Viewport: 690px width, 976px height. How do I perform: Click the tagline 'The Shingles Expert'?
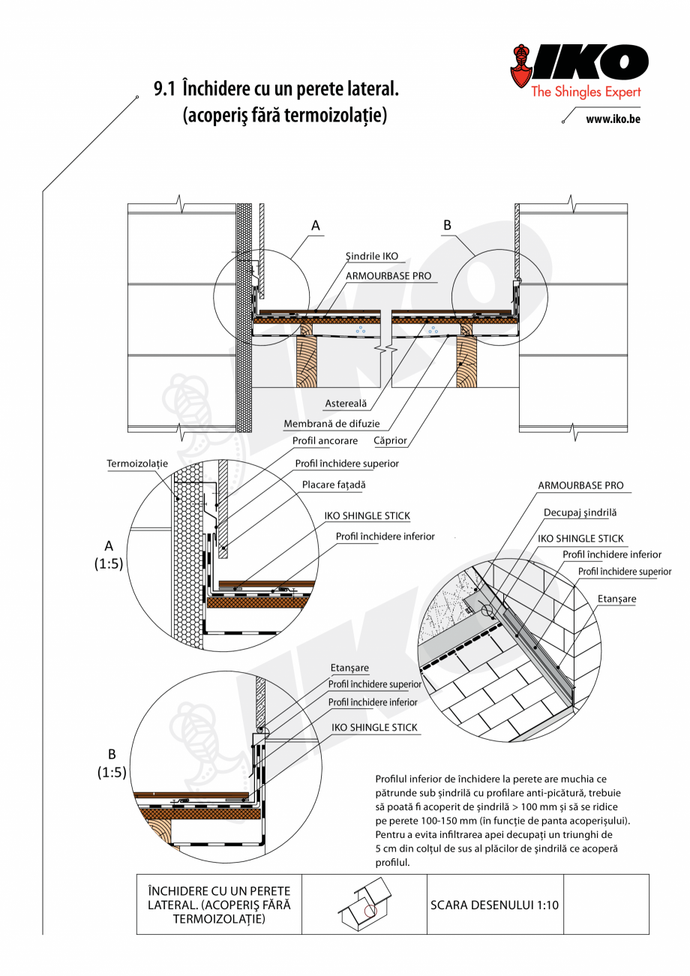point(586,92)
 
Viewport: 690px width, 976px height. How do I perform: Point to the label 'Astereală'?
point(346,404)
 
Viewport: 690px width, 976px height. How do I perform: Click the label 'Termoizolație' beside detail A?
point(136,464)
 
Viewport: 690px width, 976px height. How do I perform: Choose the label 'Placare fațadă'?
point(334,485)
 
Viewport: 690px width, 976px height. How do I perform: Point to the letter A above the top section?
point(316,224)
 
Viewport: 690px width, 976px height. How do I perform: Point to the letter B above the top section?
point(448,224)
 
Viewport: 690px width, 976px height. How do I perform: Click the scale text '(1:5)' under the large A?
point(109,565)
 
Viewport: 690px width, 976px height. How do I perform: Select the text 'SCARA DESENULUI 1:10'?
point(494,905)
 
